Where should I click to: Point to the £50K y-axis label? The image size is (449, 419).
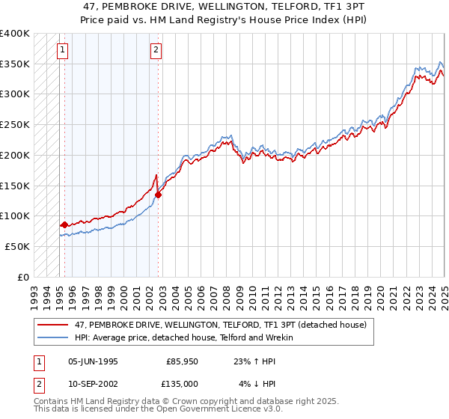[17, 246]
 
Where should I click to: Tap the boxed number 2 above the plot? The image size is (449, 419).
[156, 51]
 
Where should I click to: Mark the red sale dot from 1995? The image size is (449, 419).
[64, 224]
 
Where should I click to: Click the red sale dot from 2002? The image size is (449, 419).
[159, 195]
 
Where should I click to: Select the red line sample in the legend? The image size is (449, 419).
[54, 325]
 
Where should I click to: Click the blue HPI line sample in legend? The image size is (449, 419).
[54, 337]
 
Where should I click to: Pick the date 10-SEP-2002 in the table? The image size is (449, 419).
[93, 384]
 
